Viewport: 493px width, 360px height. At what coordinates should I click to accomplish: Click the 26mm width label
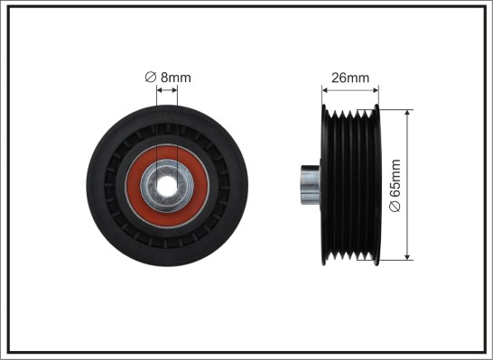point(350,78)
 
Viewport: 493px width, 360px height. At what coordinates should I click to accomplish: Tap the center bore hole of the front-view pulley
point(167,185)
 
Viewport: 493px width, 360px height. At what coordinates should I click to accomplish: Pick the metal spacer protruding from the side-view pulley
point(310,185)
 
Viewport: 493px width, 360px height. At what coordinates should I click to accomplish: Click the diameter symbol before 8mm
point(151,78)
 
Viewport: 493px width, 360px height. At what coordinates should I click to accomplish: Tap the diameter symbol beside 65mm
point(395,206)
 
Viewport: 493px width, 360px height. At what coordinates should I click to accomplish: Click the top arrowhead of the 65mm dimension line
point(407,113)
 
